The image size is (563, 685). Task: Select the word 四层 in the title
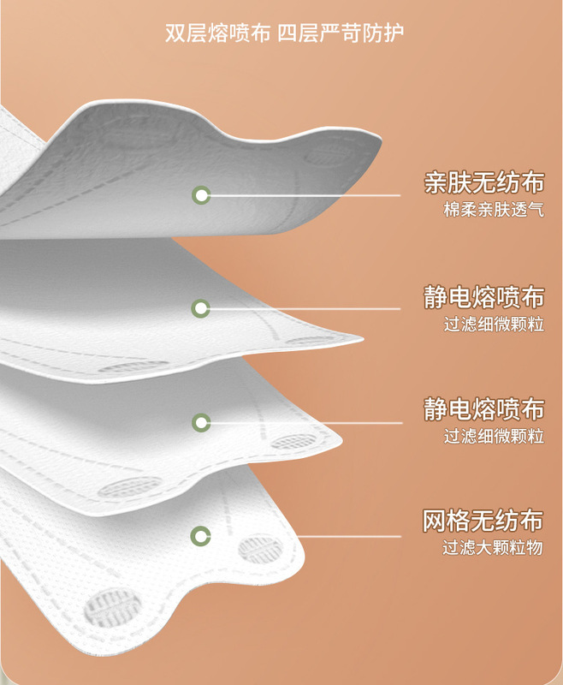(297, 33)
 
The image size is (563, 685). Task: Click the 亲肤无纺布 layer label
(483, 182)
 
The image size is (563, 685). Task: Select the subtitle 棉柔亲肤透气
(494, 210)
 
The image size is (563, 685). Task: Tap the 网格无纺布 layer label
(483, 520)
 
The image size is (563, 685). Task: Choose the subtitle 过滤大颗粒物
(494, 548)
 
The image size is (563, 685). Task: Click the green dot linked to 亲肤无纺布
(201, 195)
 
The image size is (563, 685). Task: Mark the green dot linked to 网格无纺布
(201, 537)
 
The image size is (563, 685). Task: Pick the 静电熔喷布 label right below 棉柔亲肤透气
(483, 296)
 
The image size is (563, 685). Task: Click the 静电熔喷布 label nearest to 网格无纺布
(483, 408)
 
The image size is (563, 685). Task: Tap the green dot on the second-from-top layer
(201, 308)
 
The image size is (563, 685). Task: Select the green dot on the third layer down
(201, 422)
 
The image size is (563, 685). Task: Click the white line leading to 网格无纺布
(342, 537)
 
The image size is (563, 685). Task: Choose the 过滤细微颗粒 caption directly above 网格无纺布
(494, 436)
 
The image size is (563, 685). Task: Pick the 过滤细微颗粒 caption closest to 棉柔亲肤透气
(494, 325)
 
